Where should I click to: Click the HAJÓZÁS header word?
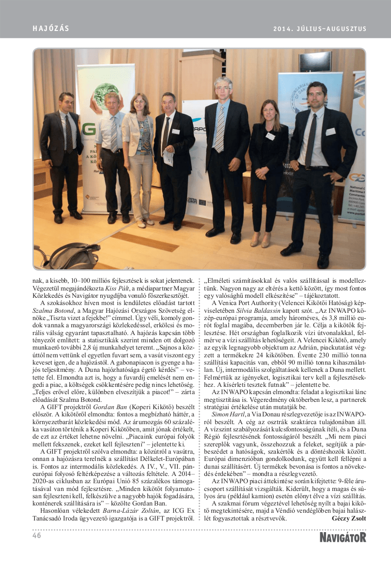51,29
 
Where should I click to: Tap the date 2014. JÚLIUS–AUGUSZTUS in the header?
320,29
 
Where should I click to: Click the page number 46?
37,536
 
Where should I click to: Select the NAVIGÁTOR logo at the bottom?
343,537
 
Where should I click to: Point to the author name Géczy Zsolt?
349,518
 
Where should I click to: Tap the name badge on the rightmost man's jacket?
330,131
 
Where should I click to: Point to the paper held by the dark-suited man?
168,157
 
